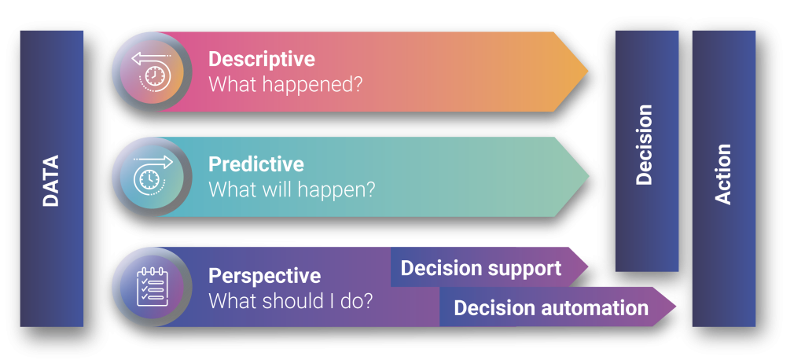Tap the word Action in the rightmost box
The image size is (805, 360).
(723, 174)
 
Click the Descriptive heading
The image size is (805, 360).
(261, 59)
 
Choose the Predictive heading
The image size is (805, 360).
(255, 164)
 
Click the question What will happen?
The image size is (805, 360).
(291, 189)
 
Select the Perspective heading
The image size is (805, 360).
(264, 276)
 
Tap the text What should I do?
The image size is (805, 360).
(290, 300)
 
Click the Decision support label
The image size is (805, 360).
(481, 269)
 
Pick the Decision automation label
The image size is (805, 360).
(551, 308)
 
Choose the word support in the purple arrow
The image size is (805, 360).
(527, 269)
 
